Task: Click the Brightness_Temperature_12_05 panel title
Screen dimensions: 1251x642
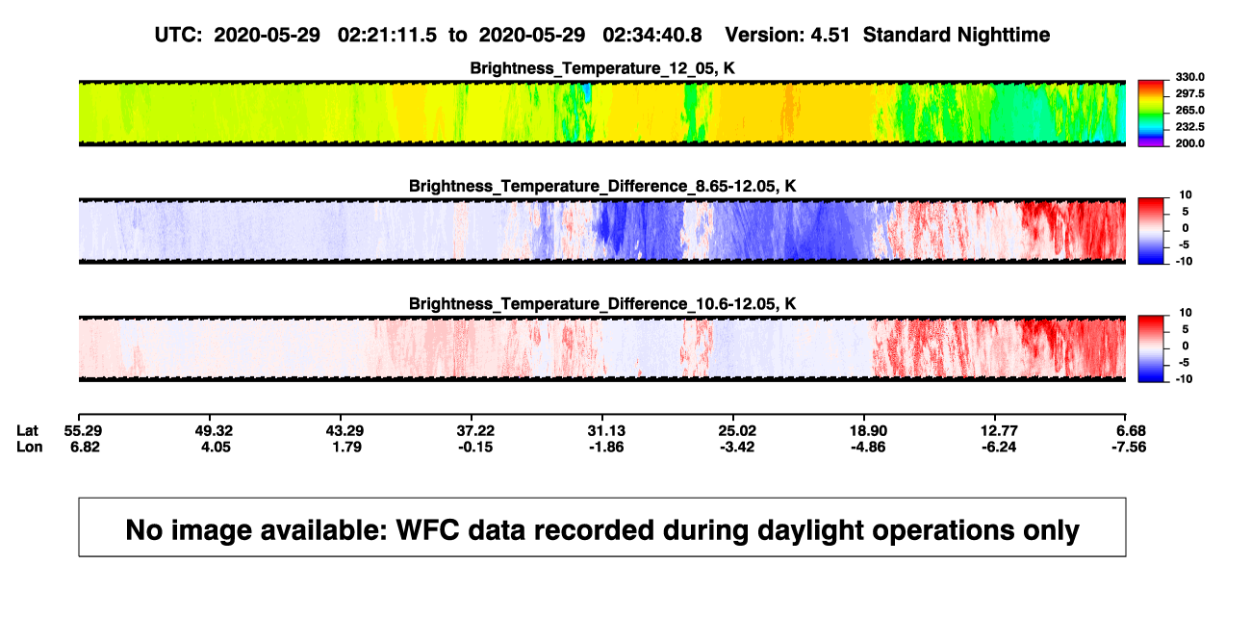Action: pyautogui.click(x=602, y=68)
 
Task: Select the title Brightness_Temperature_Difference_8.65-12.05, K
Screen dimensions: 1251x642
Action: pyautogui.click(x=602, y=186)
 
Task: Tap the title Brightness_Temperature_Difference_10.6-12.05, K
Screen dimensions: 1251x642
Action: pyautogui.click(x=602, y=304)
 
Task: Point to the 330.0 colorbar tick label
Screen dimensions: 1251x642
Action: pyautogui.click(x=1189, y=77)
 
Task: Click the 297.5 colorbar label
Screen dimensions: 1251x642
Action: pyautogui.click(x=1189, y=93)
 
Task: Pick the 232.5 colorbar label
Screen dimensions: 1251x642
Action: pyautogui.click(x=1189, y=127)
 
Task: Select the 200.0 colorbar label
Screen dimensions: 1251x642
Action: pyautogui.click(x=1189, y=143)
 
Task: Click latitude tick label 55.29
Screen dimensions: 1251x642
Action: pyautogui.click(x=83, y=431)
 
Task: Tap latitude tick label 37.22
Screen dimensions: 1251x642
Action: pyautogui.click(x=475, y=431)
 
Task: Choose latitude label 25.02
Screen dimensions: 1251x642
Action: pyautogui.click(x=737, y=431)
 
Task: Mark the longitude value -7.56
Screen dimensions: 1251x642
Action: pyautogui.click(x=1129, y=447)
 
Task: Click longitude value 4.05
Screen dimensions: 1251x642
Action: pyautogui.click(x=217, y=447)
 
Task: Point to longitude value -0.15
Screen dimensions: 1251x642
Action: pyautogui.click(x=475, y=447)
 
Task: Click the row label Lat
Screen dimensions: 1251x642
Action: pyautogui.click(x=27, y=431)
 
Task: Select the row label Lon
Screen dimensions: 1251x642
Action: pyautogui.click(x=29, y=447)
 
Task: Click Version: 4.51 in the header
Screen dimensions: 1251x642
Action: pyautogui.click(x=787, y=35)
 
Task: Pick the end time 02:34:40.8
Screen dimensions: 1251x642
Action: pyautogui.click(x=652, y=35)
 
